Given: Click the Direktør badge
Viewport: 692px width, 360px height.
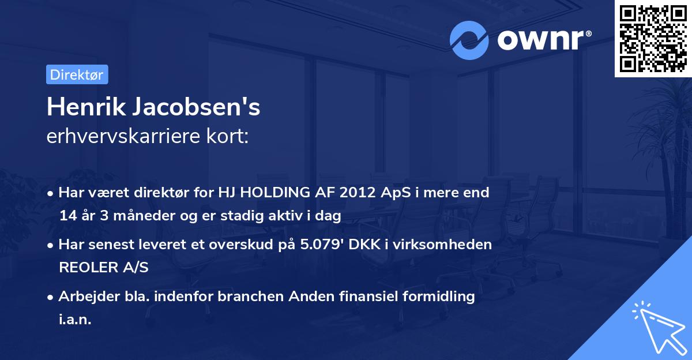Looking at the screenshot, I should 77,74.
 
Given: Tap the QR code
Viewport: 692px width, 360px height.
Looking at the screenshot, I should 653,39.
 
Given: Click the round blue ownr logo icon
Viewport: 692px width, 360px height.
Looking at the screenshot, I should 469,40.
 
